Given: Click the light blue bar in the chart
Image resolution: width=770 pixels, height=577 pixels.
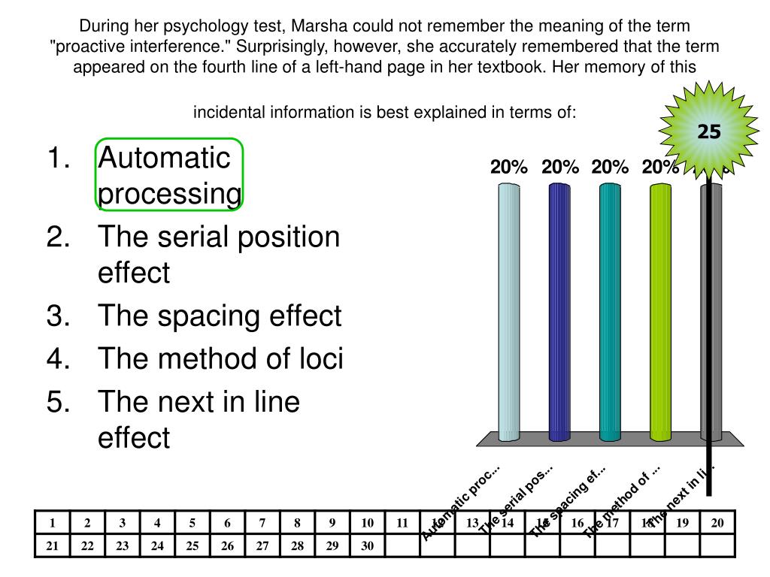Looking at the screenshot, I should click(x=509, y=312).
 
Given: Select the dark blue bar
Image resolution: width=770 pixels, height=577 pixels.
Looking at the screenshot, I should click(x=559, y=312).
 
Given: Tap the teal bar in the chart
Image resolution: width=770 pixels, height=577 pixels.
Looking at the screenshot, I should click(x=610, y=312).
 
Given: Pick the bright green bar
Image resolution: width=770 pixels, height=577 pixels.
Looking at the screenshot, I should click(x=660, y=312).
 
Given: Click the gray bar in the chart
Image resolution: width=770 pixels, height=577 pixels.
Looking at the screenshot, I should click(x=711, y=312).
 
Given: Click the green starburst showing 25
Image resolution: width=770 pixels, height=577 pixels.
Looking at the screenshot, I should click(x=708, y=132).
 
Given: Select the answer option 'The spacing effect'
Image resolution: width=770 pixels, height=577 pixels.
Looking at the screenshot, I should click(x=220, y=316).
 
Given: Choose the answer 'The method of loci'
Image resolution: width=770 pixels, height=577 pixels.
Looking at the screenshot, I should click(x=220, y=360).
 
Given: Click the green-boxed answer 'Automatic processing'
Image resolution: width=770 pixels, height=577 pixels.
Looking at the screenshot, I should click(x=169, y=174).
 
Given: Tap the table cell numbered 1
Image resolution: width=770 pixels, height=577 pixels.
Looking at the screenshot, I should click(x=53, y=524).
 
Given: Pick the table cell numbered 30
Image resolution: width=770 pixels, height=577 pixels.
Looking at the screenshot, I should click(x=367, y=546).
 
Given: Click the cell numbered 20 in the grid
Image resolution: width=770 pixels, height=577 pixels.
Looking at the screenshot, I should click(x=717, y=524).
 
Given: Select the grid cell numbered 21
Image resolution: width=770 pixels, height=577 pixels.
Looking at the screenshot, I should click(x=53, y=546).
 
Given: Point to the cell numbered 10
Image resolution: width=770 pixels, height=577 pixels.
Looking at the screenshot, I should click(x=367, y=524).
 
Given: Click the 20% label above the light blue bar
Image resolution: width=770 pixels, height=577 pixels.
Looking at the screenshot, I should click(x=509, y=168).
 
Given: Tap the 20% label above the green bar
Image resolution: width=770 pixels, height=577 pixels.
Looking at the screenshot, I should click(x=660, y=168).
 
